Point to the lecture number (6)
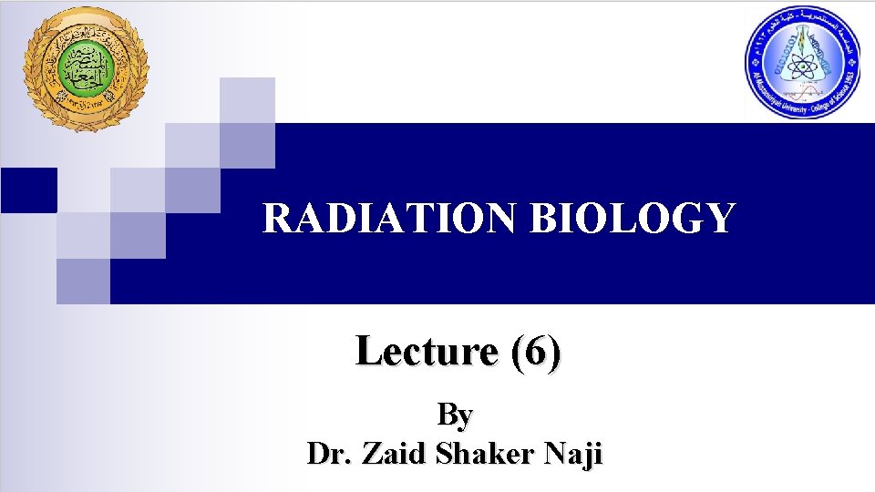pyautogui.click(x=537, y=351)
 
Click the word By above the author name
pyautogui.click(x=455, y=415)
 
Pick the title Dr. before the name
pyautogui.click(x=330, y=453)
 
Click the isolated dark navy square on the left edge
pyautogui.click(x=27, y=190)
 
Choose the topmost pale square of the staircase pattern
pyautogui.click(x=247, y=99)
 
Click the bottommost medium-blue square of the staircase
pyautogui.click(x=83, y=281)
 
